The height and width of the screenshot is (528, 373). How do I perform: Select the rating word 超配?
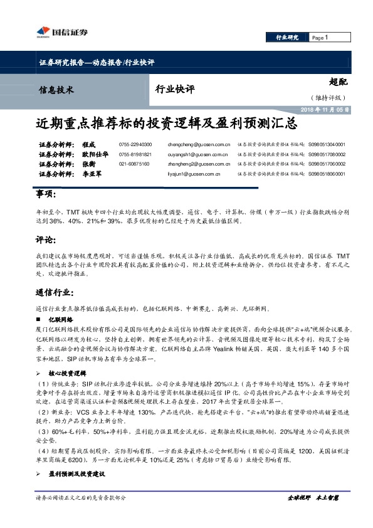coord(338,82)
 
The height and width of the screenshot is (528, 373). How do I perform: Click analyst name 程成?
coord(89,144)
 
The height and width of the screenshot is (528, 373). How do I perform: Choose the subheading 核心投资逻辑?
coord(66,373)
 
